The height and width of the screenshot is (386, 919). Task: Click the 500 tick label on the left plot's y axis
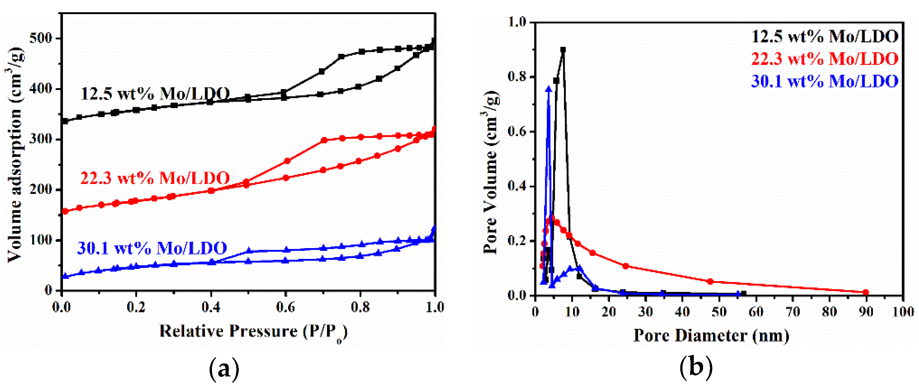(x=40, y=38)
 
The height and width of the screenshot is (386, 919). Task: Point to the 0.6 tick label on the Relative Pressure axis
(x=285, y=307)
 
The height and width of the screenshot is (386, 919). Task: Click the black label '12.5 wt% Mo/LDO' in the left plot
(x=155, y=94)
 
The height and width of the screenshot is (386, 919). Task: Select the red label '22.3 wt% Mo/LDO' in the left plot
(x=155, y=178)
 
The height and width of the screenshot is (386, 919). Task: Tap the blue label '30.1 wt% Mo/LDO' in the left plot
(x=152, y=248)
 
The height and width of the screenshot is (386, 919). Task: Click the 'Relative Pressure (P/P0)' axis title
(x=253, y=332)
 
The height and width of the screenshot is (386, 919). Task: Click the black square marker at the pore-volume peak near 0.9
(x=563, y=50)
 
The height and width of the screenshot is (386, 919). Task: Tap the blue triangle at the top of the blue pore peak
(x=549, y=89)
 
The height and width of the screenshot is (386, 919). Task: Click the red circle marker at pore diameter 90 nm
(x=866, y=292)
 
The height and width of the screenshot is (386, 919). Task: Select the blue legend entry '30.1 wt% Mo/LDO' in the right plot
(x=825, y=82)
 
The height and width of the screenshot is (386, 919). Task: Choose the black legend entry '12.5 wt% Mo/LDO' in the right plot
(x=825, y=37)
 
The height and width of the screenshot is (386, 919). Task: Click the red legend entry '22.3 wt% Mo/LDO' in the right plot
(x=825, y=59)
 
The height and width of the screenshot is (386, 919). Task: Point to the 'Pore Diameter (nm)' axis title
(x=711, y=336)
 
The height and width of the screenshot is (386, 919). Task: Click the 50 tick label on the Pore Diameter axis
(x=719, y=312)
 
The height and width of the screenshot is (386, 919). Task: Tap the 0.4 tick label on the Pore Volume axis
(x=517, y=187)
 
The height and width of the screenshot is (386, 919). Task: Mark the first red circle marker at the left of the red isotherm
(x=65, y=211)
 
